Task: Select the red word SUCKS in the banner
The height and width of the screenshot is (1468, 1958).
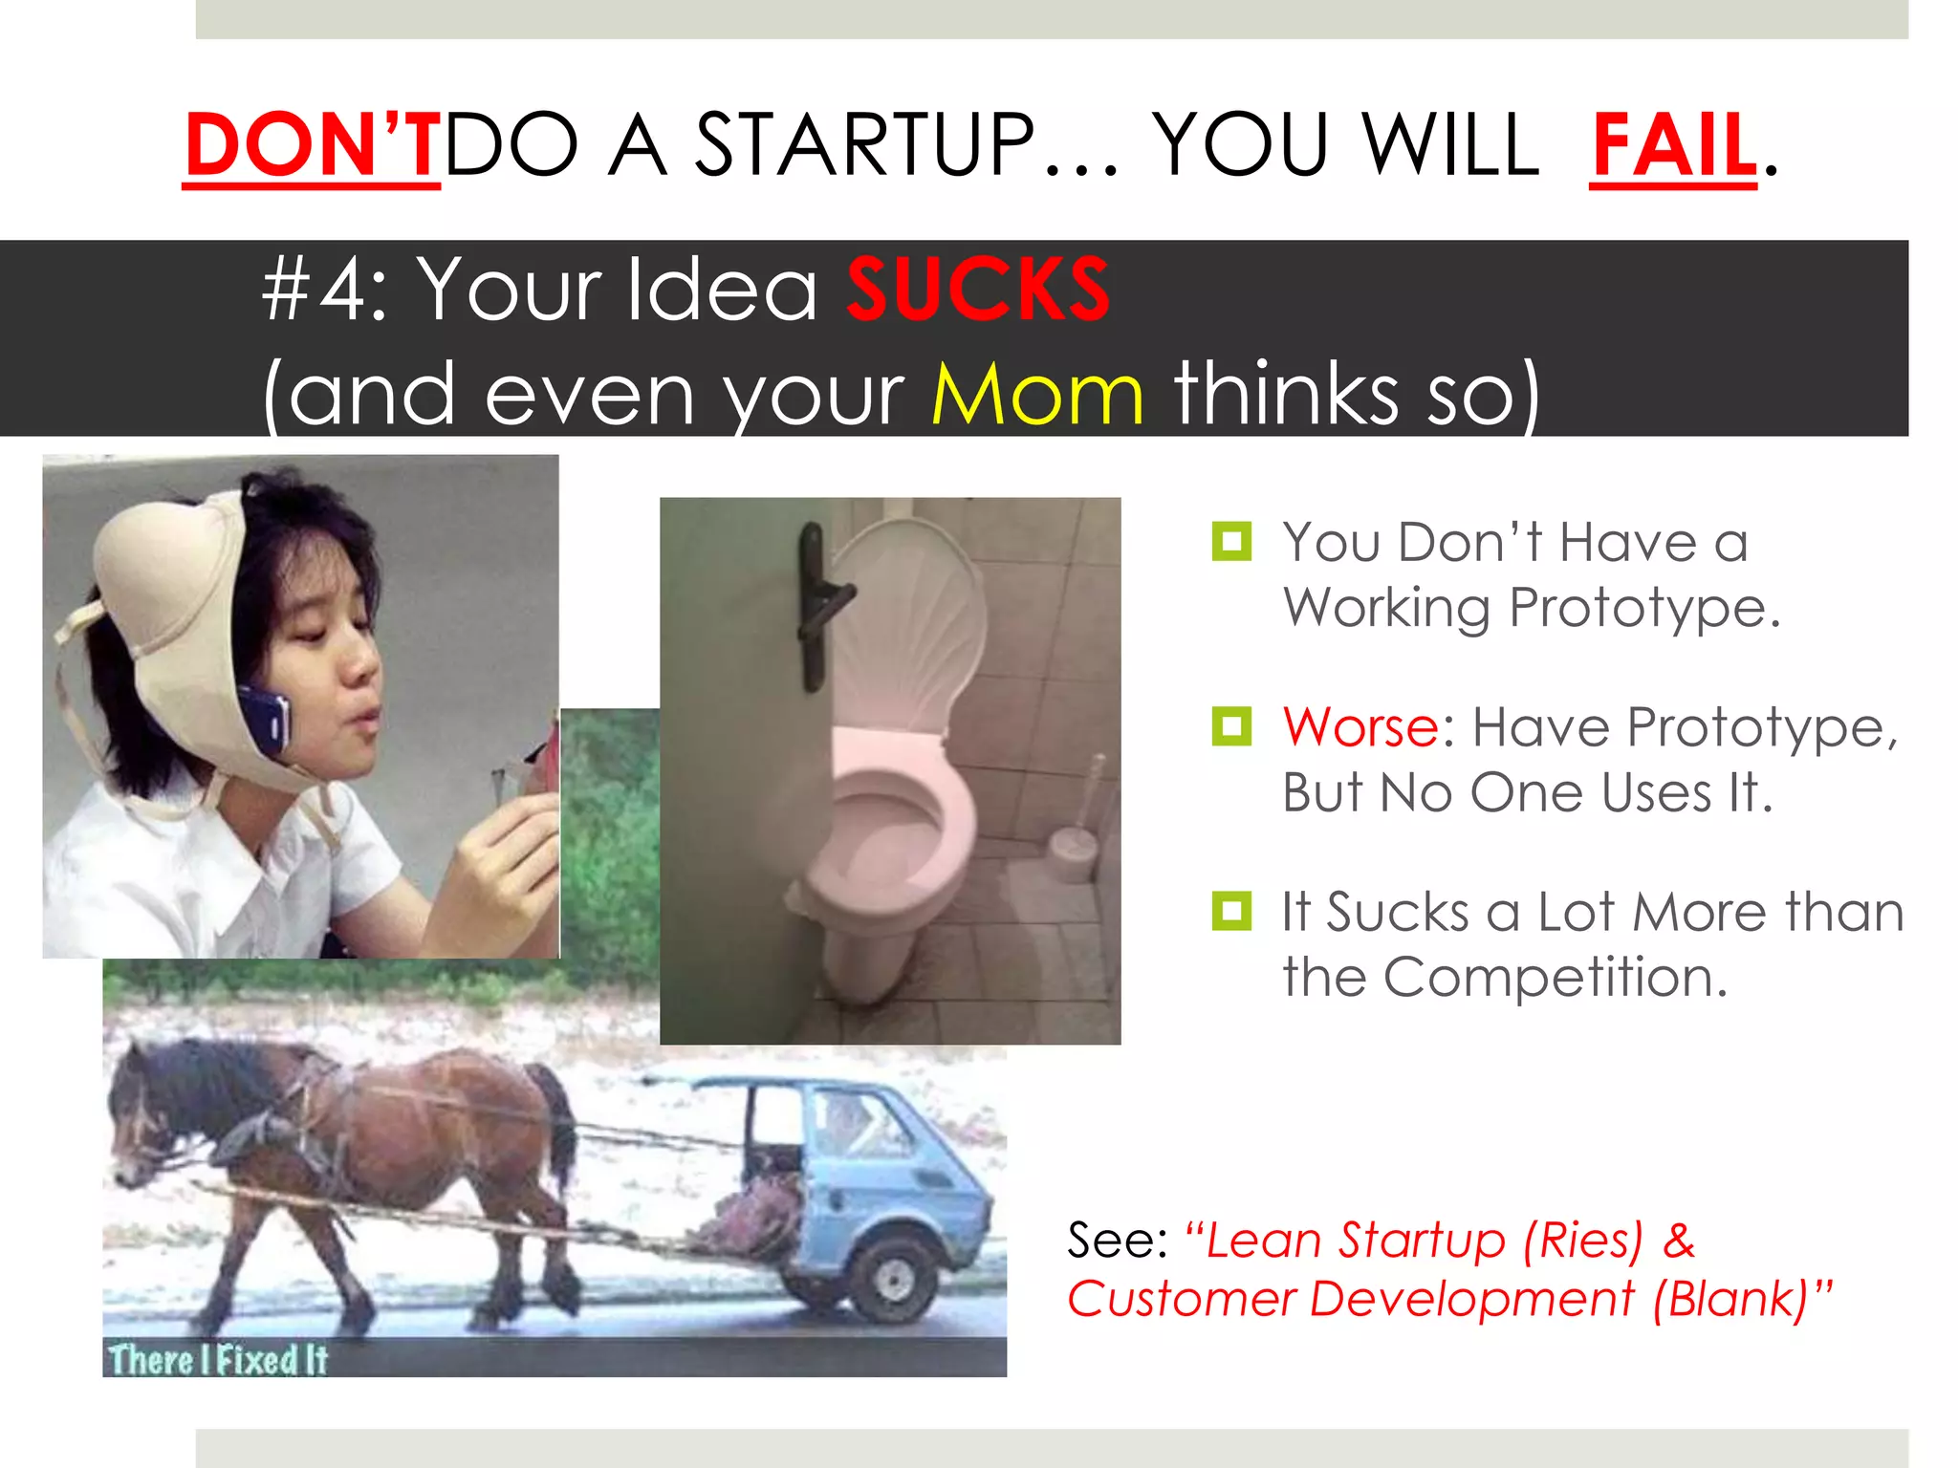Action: [x=977, y=290]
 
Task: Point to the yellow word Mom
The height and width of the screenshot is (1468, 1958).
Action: [x=1037, y=394]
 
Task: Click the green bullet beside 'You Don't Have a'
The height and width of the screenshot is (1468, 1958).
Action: [x=1231, y=542]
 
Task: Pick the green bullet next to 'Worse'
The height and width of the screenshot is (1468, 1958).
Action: [x=1231, y=726]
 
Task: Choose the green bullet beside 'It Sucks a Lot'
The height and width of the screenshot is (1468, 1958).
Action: [x=1231, y=911]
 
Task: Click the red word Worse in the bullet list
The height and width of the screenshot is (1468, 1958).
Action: [x=1360, y=727]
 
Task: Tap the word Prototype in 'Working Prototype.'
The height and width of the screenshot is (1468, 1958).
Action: [x=1643, y=608]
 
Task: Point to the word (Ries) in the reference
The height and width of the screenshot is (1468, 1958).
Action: [x=1583, y=1241]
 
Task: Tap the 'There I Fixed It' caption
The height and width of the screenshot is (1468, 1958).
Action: [x=218, y=1359]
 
